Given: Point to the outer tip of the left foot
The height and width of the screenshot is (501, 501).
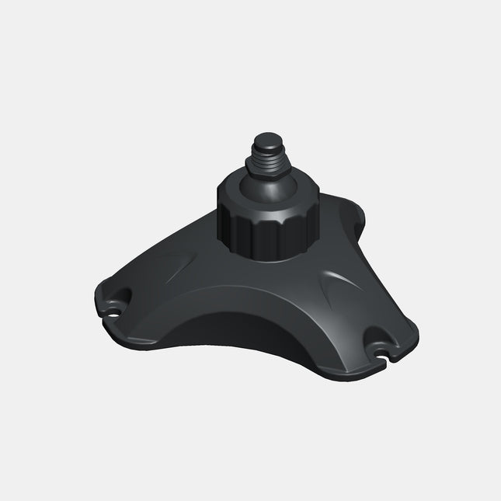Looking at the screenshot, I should pyautogui.click(x=98, y=299).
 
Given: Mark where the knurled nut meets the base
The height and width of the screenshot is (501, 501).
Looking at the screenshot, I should pyautogui.click(x=260, y=257).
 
